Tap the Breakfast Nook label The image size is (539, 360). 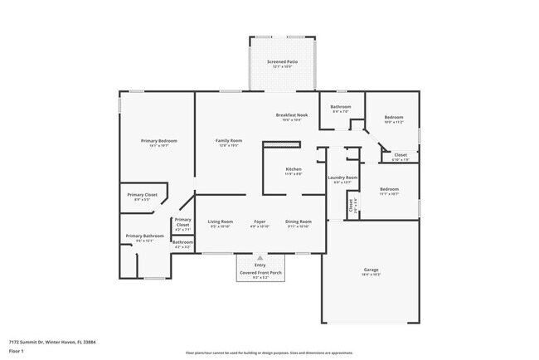pos(292,114)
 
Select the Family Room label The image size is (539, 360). pos(228,141)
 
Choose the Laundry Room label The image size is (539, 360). pos(342,178)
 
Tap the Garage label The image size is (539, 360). pos(371,270)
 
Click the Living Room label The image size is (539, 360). pos(221,221)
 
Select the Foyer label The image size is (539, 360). pos(260,221)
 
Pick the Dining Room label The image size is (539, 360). pos(298,221)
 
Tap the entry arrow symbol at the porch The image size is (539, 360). pos(260,258)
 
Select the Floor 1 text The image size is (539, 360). pos(17,351)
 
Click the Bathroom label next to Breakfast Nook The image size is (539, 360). pos(342,106)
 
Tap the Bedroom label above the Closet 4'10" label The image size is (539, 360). pos(394,117)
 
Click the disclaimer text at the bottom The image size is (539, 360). pos(269,353)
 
